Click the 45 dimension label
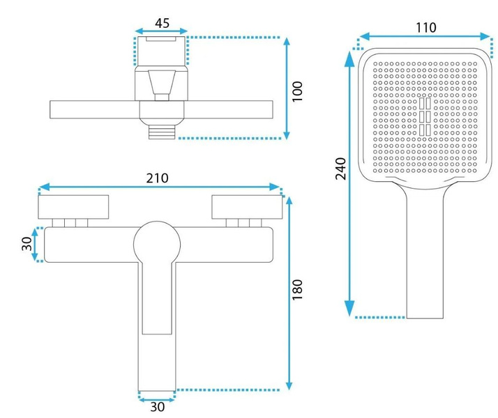click(162, 23)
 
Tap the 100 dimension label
click(297, 91)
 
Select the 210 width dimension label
click(157, 178)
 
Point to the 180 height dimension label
click(297, 290)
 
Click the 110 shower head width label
click(426, 28)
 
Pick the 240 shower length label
click(340, 169)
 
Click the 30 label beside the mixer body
click(27, 244)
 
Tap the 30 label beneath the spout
click(157, 407)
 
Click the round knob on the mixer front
click(157, 245)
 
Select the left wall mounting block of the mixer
click(73, 207)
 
